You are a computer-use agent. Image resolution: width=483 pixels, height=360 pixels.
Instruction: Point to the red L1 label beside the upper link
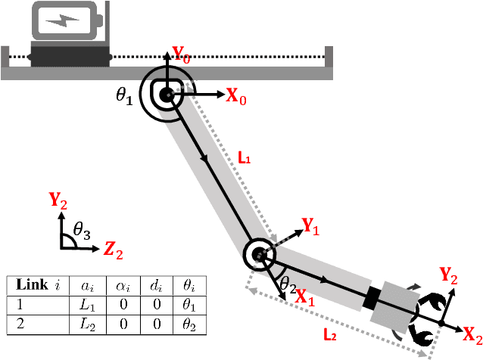[245, 159]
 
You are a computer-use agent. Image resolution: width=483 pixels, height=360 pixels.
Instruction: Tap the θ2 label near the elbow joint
[288, 284]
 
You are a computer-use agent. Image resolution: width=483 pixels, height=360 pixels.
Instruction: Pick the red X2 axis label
[472, 334]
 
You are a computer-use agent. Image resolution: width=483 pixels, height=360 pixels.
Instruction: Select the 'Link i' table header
[37, 286]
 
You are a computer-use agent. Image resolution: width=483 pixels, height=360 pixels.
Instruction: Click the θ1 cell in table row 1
[189, 306]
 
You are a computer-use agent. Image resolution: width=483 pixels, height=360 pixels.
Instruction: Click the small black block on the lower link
[372, 298]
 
